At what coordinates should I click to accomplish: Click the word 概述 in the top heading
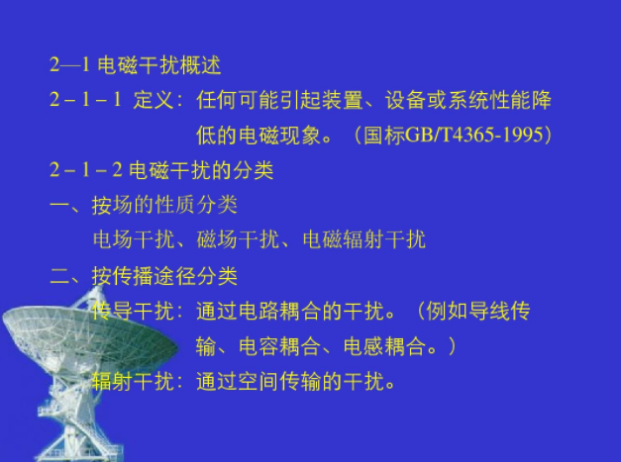coord(200,65)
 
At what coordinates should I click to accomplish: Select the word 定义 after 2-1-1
coord(154,100)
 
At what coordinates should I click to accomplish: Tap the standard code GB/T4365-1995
coord(474,135)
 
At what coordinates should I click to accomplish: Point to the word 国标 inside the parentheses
coord(384,135)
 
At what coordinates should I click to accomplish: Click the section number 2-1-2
coord(85,170)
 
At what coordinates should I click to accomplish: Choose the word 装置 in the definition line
coord(342,100)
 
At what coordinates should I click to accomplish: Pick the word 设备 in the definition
coord(405,100)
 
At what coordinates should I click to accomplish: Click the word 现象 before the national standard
coord(300,135)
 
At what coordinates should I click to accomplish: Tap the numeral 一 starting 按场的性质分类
coord(59,206)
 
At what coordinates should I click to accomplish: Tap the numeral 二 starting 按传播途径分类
coord(59,276)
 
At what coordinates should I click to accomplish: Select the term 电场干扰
coord(134,239)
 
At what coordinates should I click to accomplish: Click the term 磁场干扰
coord(238,239)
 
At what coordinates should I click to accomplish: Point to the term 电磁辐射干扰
coord(363,239)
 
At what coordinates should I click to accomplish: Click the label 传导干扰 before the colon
coord(134,311)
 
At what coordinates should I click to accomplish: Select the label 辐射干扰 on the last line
coord(134,381)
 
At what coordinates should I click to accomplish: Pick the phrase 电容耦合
coord(279,346)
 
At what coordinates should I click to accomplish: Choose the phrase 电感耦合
coord(384,346)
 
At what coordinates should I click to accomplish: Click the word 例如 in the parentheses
coord(447,311)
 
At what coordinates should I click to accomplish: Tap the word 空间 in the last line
coord(259,381)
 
